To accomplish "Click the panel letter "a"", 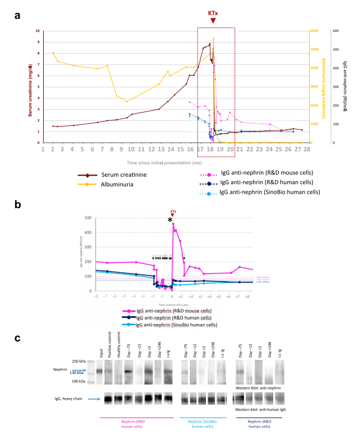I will [18, 16].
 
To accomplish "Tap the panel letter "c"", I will [18, 338].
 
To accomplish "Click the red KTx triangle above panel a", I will [213, 21].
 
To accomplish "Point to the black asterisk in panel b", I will [170, 221].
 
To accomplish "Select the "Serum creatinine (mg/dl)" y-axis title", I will [30, 87].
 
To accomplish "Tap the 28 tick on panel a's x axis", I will [307, 150].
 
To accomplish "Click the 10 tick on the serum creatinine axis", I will [38, 31].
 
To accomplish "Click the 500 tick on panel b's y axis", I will [87, 218].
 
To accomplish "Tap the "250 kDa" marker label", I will [79, 362].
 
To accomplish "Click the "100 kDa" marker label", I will [79, 381].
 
